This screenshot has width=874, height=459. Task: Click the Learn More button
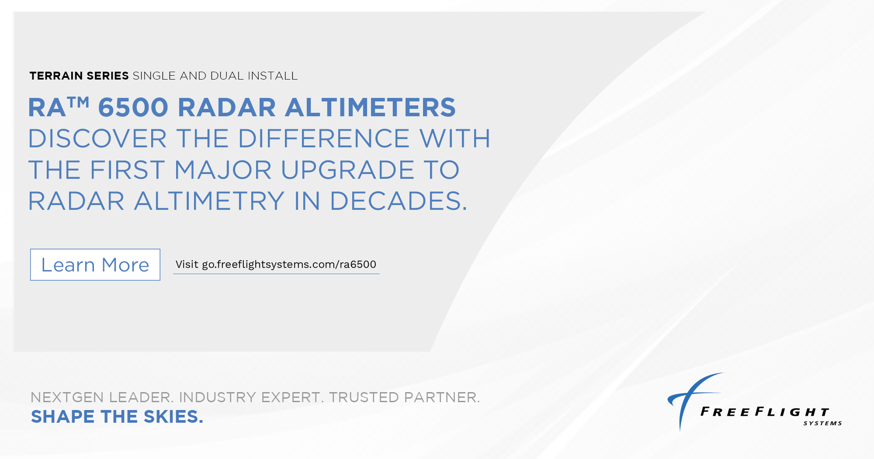click(x=95, y=265)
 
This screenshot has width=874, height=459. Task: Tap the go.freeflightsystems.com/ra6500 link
click(x=276, y=264)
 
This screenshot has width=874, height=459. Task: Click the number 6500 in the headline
click(x=133, y=108)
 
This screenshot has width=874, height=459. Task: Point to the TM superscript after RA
click(x=79, y=102)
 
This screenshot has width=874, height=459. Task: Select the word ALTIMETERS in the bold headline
click(x=370, y=108)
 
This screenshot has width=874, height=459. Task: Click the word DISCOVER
click(x=97, y=139)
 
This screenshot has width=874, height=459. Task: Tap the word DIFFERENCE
click(x=323, y=139)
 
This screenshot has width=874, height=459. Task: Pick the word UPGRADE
click(x=347, y=170)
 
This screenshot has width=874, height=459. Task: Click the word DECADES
click(x=398, y=201)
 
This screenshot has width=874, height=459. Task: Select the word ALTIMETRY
click(x=209, y=201)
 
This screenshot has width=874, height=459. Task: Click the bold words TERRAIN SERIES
click(x=79, y=76)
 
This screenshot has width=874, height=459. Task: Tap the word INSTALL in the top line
click(x=273, y=76)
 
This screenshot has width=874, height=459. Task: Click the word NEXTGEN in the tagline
click(x=67, y=397)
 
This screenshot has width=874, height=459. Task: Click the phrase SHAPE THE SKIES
click(x=117, y=417)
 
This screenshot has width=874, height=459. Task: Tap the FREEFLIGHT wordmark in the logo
click(x=765, y=412)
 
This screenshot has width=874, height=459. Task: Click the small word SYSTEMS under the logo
click(x=822, y=423)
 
